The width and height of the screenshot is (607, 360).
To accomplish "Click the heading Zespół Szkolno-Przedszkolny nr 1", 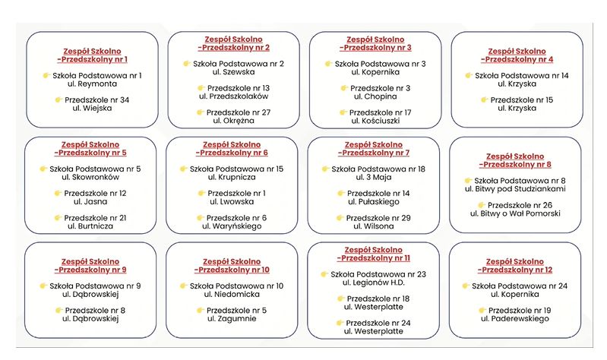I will point(92,55).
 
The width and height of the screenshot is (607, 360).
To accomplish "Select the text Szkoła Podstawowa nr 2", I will point(239,64).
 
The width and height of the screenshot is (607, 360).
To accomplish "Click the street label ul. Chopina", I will point(375,96).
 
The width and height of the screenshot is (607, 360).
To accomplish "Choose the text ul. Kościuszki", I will point(375,120).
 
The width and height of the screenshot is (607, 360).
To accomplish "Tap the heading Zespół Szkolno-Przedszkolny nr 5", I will point(92,148).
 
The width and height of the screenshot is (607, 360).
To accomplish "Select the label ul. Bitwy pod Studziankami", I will point(516,188).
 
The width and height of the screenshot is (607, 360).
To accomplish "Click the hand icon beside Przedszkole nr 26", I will point(481,205).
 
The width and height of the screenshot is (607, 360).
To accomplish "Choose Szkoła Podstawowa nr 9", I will point(96,286).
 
